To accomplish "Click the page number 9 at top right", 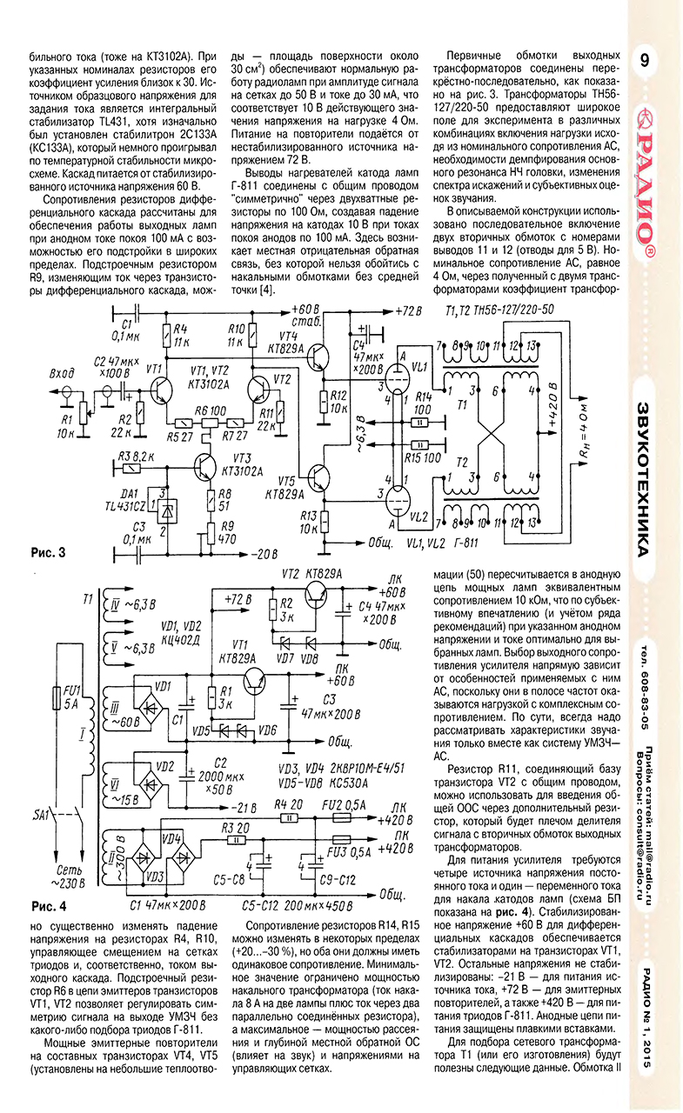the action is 644,60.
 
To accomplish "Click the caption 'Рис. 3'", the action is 48,553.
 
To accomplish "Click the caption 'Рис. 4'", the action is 48,907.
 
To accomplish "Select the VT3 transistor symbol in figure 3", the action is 204,467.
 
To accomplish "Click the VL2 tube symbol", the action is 397,502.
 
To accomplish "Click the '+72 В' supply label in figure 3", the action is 408,311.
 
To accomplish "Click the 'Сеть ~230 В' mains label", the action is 70,876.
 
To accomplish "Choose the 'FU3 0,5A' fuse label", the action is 349,852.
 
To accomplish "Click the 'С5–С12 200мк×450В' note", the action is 298,906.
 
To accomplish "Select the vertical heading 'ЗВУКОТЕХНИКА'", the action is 644,479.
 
